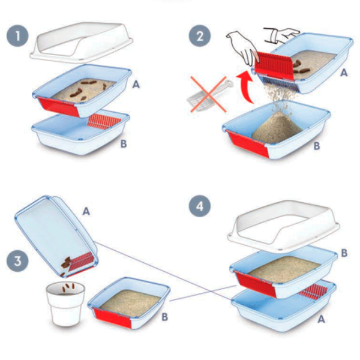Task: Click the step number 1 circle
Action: [17, 36]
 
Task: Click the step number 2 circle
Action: [200, 36]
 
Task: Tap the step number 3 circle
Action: [17, 261]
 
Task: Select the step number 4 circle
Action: [200, 206]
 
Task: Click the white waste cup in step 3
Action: [65, 304]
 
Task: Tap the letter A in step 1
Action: [136, 85]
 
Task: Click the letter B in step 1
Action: [124, 144]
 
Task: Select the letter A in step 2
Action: [344, 73]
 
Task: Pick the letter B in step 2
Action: [317, 146]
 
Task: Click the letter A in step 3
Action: [86, 211]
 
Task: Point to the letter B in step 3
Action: [164, 317]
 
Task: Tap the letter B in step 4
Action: [344, 253]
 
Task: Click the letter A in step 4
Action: [321, 319]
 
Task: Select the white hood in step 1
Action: [82, 43]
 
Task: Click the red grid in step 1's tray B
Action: [104, 121]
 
